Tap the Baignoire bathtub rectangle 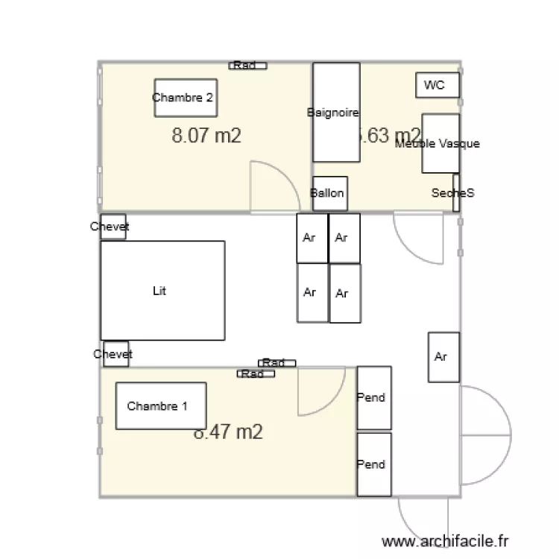tap(335, 112)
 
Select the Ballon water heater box tap(327, 194)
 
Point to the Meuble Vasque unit tap(440, 143)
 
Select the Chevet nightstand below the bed tap(113, 354)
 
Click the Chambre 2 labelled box tap(186, 98)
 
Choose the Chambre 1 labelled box tap(160, 405)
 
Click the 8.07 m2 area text tap(206, 136)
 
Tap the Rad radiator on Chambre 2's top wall tap(247, 66)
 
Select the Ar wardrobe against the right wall tap(443, 356)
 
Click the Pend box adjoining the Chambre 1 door tap(373, 397)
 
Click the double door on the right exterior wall tap(484, 432)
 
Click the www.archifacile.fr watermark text tap(445, 542)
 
